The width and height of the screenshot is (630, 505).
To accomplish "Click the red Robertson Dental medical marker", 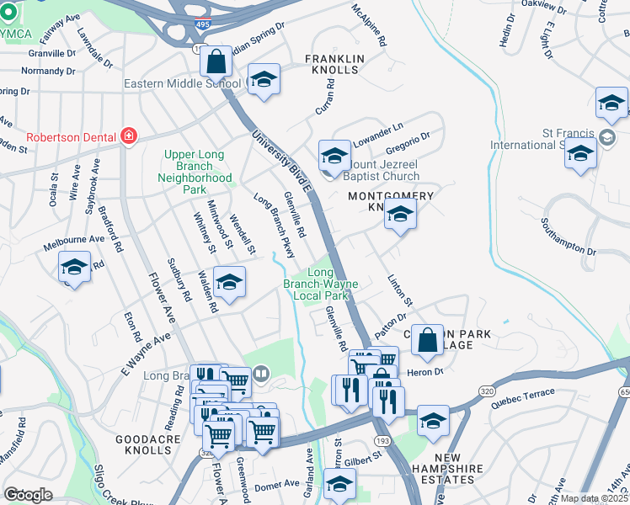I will (128, 136).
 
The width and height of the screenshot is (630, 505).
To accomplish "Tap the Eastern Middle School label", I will (182, 83).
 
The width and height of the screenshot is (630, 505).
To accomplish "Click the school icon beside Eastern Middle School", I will (264, 80).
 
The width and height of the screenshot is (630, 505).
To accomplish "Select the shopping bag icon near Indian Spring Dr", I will (216, 61).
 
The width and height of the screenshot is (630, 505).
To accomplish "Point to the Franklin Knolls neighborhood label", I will (334, 64).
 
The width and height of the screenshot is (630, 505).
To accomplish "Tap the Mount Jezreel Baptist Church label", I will (381, 171).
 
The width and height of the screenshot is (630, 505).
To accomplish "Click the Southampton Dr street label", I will (569, 238).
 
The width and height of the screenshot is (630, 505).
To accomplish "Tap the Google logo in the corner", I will (29, 494).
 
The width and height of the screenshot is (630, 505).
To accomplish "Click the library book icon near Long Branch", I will (261, 374).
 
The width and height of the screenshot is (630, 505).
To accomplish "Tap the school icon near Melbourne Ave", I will (75, 268).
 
